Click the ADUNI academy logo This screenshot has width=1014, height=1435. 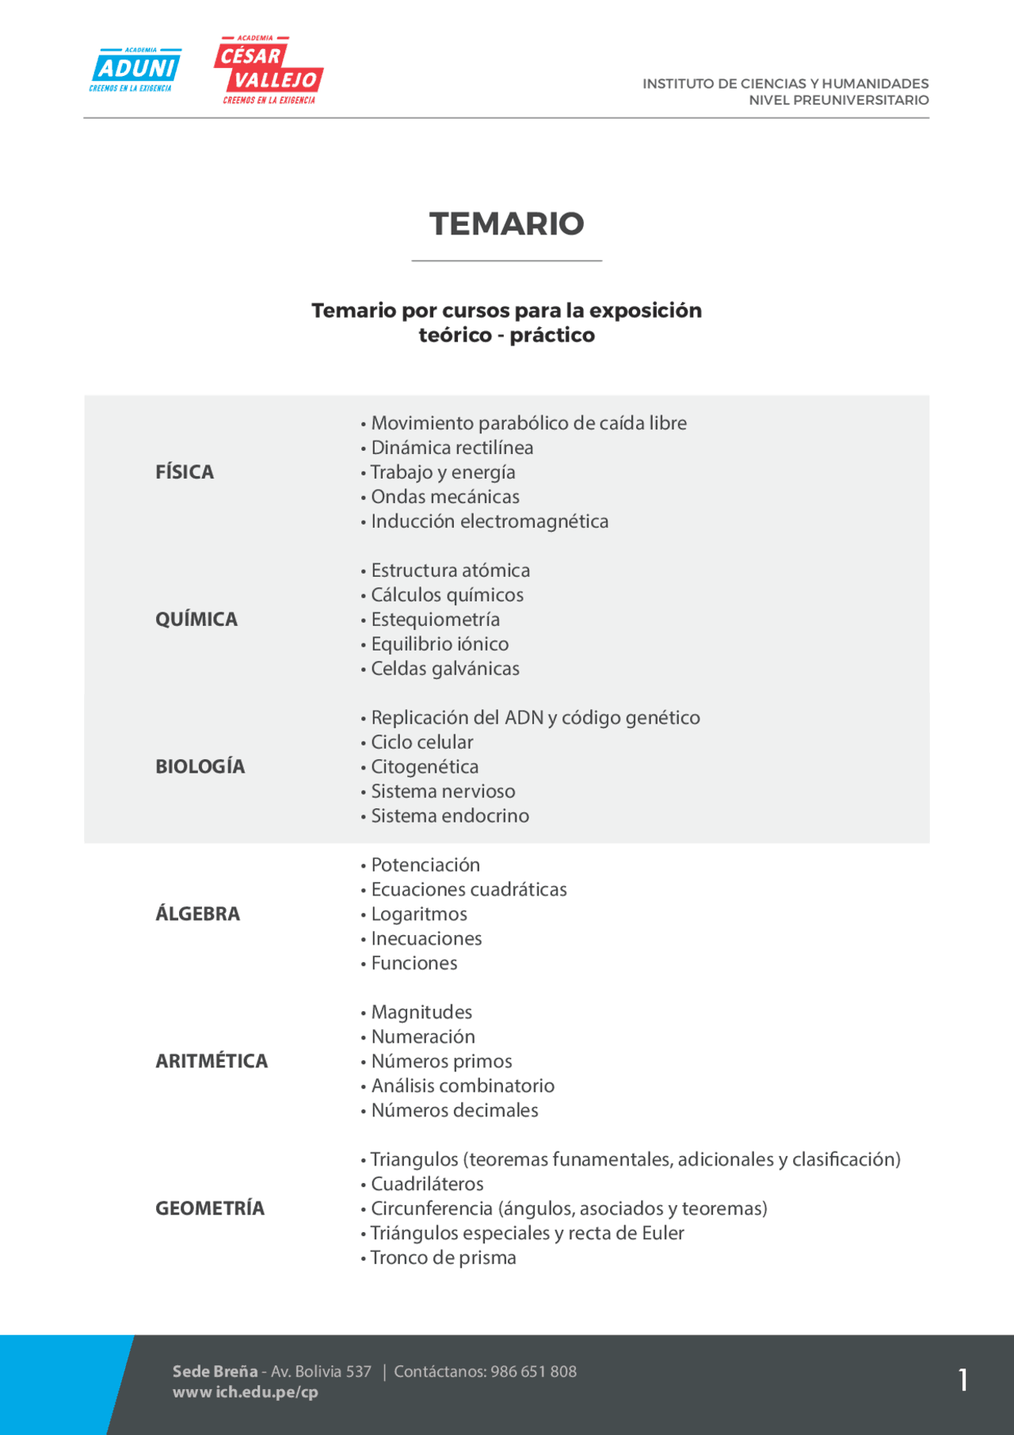point(135,70)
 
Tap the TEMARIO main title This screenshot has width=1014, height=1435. point(506,224)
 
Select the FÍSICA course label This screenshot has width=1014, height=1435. point(185,472)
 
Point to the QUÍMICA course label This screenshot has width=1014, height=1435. point(196,620)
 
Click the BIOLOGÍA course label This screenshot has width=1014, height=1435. point(200,767)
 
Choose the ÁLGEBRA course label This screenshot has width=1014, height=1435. point(197,914)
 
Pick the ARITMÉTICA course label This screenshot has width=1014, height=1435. point(212,1062)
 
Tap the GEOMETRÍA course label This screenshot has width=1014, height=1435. point(210,1209)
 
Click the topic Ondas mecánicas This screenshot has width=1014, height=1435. point(445,497)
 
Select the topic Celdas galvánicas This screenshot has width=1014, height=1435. point(445,669)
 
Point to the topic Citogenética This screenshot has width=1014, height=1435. point(425,767)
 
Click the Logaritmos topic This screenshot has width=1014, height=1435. point(419,914)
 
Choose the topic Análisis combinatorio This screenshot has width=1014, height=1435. point(463,1086)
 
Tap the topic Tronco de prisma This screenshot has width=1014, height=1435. point(443,1258)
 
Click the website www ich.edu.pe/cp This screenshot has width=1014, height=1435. point(246,1392)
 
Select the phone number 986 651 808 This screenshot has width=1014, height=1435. point(533,1372)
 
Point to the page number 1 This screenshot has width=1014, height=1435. point(963,1380)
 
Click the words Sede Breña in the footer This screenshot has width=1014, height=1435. point(215,1372)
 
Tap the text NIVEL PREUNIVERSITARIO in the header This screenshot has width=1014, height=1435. point(838,101)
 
